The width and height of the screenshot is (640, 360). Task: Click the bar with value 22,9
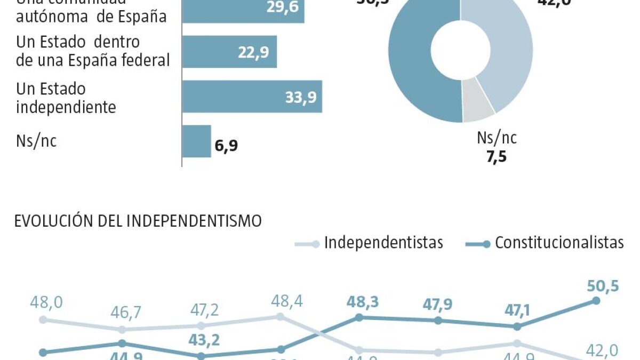pos(229,52)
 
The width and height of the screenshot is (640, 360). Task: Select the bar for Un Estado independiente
pos(252,97)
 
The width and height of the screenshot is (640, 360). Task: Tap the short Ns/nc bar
pos(197,141)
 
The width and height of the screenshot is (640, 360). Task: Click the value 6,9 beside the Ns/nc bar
pos(227,146)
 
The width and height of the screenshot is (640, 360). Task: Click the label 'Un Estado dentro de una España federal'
pos(93,52)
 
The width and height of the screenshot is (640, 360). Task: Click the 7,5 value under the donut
pos(496,158)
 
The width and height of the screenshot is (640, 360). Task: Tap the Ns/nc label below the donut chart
pos(497,139)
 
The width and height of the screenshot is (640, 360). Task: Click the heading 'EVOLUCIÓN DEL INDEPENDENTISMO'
pos(138,221)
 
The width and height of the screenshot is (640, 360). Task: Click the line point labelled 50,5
pos(596,300)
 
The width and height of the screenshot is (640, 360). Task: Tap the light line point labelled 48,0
pos(43,319)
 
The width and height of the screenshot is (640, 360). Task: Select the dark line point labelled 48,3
pos(359,317)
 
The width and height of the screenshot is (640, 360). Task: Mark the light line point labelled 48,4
pos(279,316)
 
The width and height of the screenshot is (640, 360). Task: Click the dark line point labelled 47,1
pos(516,326)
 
